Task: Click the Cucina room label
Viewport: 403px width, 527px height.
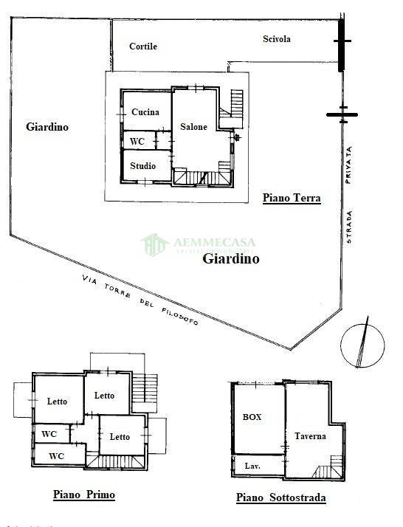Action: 145,112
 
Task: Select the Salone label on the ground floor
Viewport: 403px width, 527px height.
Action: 193,127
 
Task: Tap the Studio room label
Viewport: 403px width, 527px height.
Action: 143,166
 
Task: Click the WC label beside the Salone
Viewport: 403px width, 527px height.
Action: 137,142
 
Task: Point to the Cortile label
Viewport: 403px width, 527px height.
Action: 143,46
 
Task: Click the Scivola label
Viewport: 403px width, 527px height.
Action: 277,39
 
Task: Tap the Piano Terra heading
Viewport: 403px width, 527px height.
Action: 292,198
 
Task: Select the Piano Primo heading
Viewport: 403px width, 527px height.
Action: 83,495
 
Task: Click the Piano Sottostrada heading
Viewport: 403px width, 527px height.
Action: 280,497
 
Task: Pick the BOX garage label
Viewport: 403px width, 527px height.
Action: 252,417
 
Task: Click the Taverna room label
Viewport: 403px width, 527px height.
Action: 310,436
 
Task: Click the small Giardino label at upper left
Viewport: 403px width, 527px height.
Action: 47,127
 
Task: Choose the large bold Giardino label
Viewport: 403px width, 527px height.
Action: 231,259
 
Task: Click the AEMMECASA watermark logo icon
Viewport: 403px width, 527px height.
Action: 155,244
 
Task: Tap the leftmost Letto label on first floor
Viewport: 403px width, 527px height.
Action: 57,402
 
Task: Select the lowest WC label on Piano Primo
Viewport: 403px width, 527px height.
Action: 57,456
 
